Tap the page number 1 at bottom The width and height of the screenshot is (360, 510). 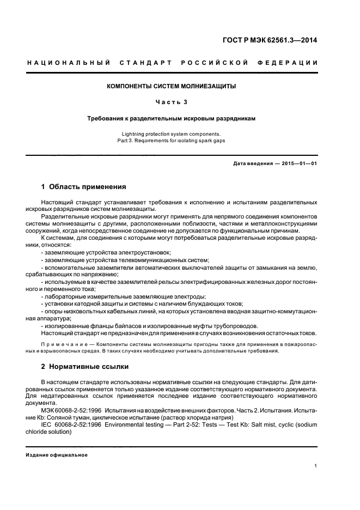coord(316,466)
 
